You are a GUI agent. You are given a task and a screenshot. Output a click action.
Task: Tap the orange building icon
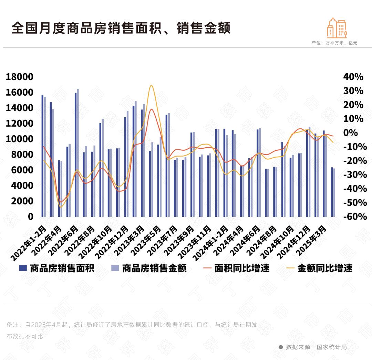[337, 28]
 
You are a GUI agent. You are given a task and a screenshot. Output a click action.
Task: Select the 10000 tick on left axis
[20, 139]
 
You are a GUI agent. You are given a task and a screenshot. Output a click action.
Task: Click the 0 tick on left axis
[31, 216]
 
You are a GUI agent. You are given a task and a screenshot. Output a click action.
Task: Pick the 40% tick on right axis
[353, 77]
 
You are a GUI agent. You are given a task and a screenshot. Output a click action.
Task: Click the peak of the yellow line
[151, 85]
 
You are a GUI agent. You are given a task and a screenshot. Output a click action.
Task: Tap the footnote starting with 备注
[131, 325]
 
